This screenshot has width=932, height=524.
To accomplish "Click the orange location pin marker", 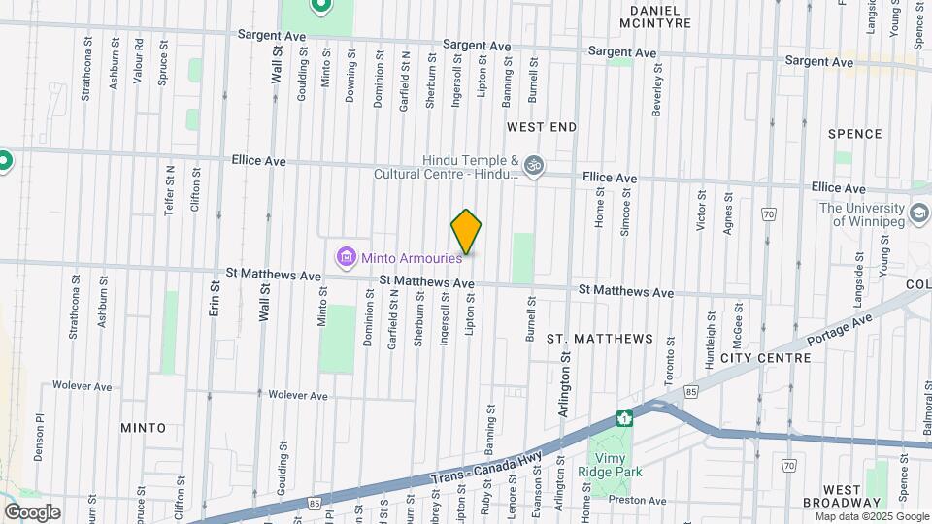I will tap(466, 232).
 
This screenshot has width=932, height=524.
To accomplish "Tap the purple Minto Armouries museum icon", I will tap(345, 257).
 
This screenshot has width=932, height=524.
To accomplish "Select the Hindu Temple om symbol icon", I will tap(532, 167).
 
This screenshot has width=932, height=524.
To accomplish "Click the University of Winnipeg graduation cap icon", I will tap(918, 212).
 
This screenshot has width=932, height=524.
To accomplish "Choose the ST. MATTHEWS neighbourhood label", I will tap(599, 339).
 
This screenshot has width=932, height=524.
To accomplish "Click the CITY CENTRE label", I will tap(766, 358).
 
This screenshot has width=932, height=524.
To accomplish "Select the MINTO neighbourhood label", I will tap(143, 427).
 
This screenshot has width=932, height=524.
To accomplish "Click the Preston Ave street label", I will tap(637, 501).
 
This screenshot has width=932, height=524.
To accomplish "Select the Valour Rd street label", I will tap(139, 59).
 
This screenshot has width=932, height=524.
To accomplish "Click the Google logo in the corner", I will tap(32, 512).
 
